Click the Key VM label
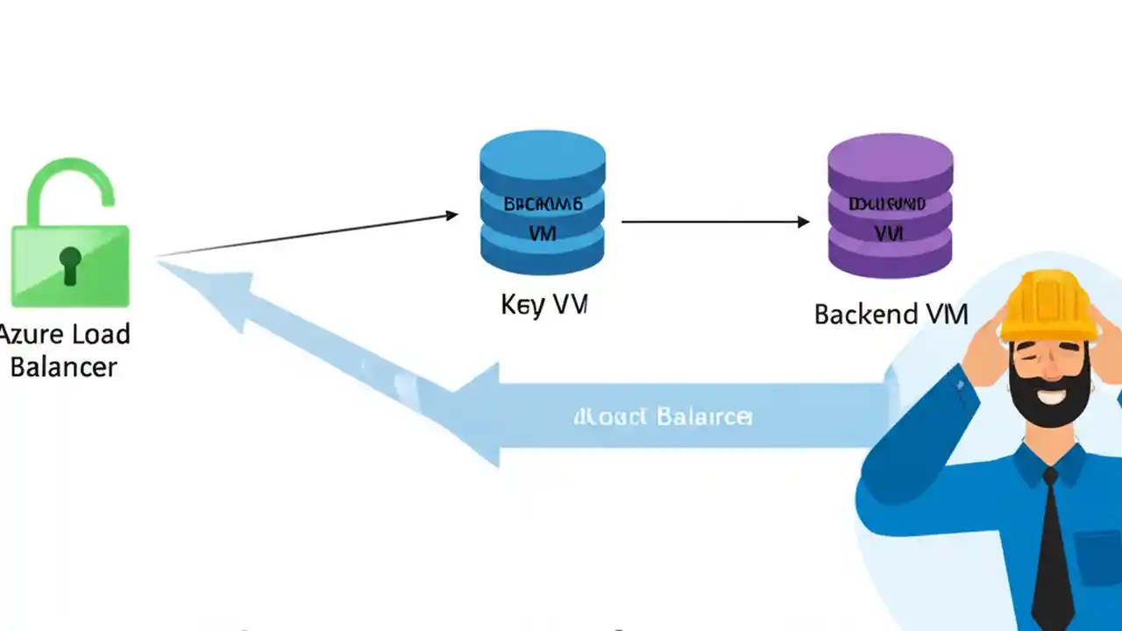(543, 304)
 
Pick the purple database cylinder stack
(890, 208)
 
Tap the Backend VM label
(891, 314)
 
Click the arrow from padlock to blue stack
(307, 234)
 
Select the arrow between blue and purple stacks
(714, 222)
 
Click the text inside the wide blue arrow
(663, 415)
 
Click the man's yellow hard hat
(1048, 305)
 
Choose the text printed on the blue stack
(543, 218)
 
